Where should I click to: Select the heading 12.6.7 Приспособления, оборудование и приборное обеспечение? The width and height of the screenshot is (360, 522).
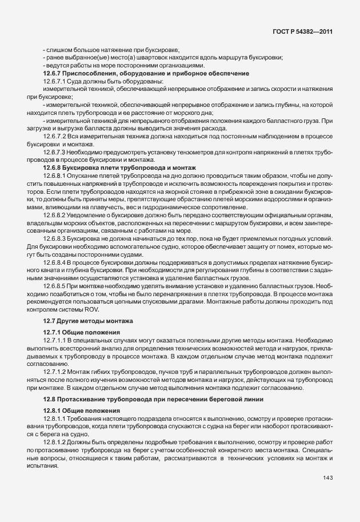(138, 74)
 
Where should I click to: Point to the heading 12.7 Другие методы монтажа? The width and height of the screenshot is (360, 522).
(88, 321)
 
